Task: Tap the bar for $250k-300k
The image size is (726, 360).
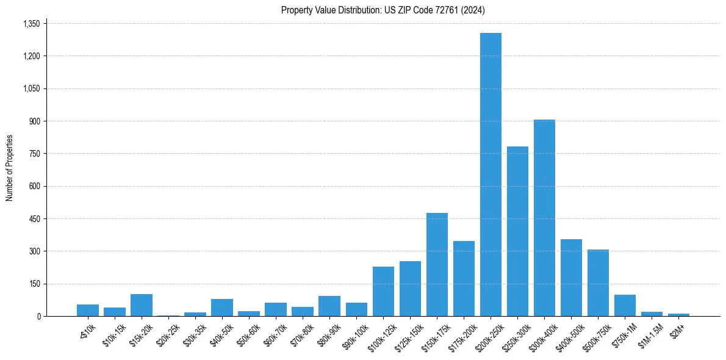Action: [517, 231]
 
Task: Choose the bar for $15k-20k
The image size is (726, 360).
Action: [142, 305]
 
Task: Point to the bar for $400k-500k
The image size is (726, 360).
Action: [571, 278]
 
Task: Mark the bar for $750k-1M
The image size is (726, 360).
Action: [625, 306]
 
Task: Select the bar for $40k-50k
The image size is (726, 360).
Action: [222, 308]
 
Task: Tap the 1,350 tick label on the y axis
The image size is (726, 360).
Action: [31, 24]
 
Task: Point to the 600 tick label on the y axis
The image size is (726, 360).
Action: [34, 186]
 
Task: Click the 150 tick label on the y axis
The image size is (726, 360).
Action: [34, 284]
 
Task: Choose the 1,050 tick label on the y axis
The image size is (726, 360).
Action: [31, 88]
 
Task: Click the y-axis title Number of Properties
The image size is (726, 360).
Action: [9, 168]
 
